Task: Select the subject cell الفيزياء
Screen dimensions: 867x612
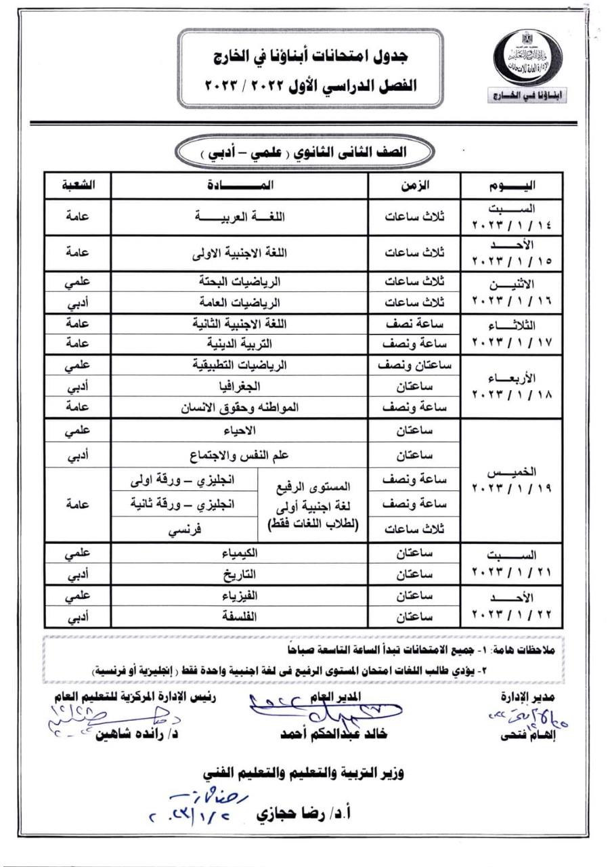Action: [240, 597]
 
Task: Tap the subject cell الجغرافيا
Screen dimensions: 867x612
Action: [240, 387]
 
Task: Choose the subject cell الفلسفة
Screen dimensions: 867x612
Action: [240, 617]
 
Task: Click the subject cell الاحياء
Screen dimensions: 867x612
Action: [240, 431]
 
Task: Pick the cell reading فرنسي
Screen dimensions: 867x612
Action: [184, 531]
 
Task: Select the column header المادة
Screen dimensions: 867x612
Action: [240, 185]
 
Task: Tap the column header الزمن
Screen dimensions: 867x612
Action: [414, 185]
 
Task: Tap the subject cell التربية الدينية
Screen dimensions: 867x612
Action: [240, 344]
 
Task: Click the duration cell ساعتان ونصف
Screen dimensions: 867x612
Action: [414, 366]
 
